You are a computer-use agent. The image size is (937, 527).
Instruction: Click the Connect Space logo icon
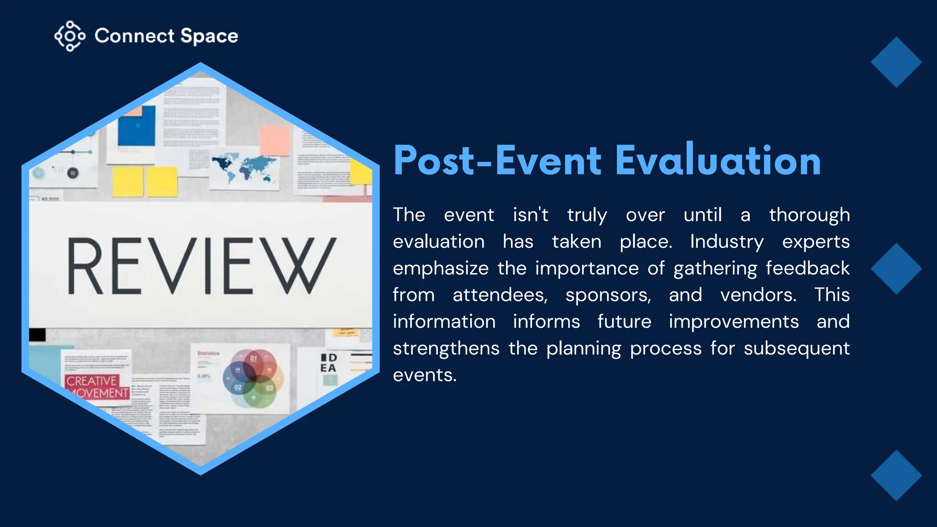pyautogui.click(x=70, y=36)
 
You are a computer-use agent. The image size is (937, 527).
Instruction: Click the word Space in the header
pyautogui.click(x=209, y=36)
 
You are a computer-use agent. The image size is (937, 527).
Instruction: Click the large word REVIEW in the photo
pyautogui.click(x=201, y=266)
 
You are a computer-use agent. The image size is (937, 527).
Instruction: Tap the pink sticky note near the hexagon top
pyautogui.click(x=275, y=141)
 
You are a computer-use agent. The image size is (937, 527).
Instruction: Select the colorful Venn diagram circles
pyautogui.click(x=253, y=379)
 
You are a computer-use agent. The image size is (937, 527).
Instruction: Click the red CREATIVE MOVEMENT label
pyautogui.click(x=97, y=387)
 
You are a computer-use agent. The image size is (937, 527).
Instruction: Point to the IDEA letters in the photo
pyautogui.click(x=328, y=363)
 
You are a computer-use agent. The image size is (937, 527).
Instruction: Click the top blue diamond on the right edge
pyautogui.click(x=896, y=62)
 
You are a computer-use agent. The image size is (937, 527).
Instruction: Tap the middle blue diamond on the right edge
pyautogui.click(x=896, y=269)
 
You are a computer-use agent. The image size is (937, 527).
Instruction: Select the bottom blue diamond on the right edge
pyautogui.click(x=896, y=475)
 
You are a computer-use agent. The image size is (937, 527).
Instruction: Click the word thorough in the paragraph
pyautogui.click(x=809, y=215)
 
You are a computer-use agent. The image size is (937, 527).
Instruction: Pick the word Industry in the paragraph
pyautogui.click(x=727, y=242)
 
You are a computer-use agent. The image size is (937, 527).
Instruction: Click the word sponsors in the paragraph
pyautogui.click(x=608, y=295)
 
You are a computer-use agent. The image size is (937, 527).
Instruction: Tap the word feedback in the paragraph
pyautogui.click(x=807, y=268)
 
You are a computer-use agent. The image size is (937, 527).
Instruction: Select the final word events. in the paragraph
pyautogui.click(x=425, y=375)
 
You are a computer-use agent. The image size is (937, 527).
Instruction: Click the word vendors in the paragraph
pyautogui.click(x=758, y=295)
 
